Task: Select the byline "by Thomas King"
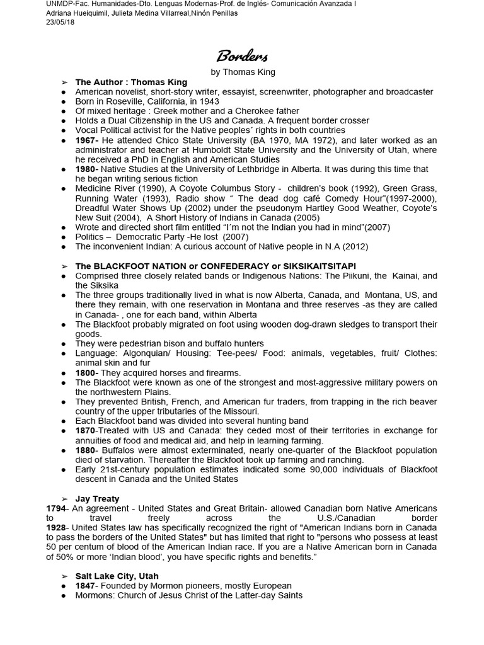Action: point(243,72)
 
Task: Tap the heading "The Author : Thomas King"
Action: point(131,82)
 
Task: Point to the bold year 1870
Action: point(86,430)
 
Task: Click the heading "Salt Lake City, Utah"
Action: point(117,576)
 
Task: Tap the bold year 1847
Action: point(86,586)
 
